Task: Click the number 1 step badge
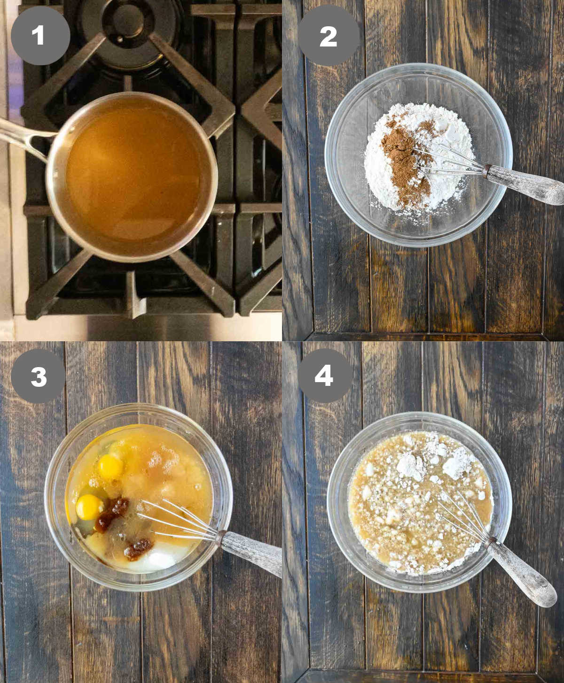coord(40,35)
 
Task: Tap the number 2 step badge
coord(328,35)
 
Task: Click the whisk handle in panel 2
coord(524,185)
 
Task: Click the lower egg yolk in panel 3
coord(89,507)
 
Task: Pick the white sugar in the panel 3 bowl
coord(154,558)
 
